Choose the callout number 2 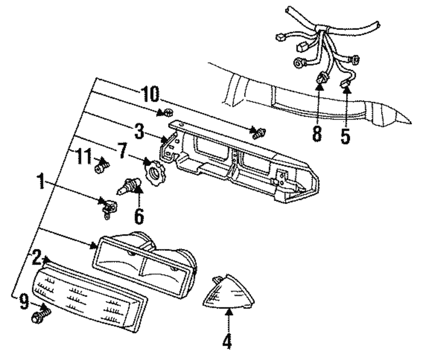[37, 257]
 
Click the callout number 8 [317, 134]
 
